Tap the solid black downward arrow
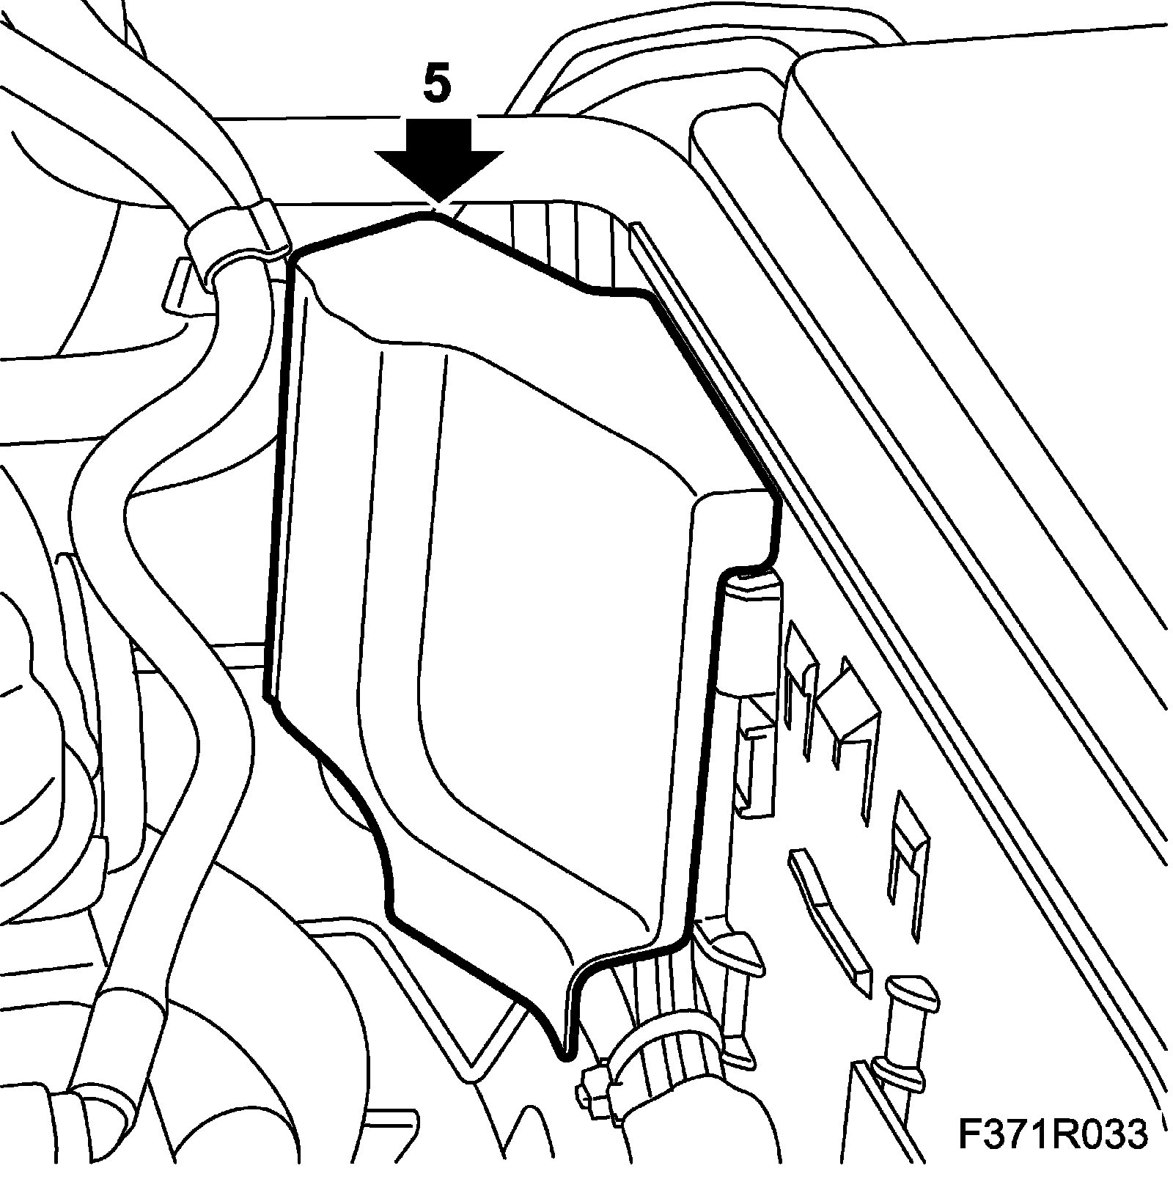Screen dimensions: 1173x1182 point(438,158)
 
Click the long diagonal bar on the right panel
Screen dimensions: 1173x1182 point(828,909)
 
